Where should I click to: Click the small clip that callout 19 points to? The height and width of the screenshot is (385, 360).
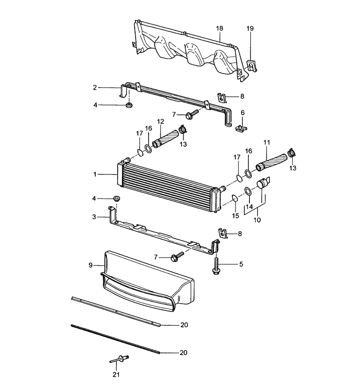250,66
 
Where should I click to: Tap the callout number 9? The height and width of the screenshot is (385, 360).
91,266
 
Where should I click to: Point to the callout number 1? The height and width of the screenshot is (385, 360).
95,174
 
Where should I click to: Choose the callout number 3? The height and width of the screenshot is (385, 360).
94,217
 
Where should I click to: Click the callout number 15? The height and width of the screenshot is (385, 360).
236,216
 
